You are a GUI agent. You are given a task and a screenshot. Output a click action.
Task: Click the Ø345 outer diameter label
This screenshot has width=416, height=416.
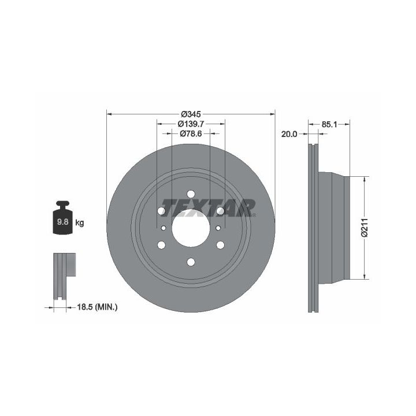click(x=191, y=114)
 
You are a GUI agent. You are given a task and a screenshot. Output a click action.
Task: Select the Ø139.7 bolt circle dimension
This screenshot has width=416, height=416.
click(x=191, y=124)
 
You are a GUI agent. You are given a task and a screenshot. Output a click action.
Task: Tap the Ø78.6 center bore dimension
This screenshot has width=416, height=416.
click(x=191, y=133)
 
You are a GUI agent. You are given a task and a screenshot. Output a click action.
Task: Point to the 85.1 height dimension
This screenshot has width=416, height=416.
click(x=329, y=124)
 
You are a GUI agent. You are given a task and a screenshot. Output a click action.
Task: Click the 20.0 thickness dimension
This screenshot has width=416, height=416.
click(x=289, y=134)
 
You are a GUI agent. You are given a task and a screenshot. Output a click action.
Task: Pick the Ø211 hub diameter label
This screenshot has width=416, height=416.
click(x=365, y=228)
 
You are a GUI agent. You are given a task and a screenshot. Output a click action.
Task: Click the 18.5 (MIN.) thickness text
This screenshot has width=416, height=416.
click(x=97, y=307)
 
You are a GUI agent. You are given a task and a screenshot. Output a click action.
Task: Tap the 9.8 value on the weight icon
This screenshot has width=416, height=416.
click(x=62, y=221)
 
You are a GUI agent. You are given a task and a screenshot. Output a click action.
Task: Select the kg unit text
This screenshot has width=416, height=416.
click(x=80, y=222)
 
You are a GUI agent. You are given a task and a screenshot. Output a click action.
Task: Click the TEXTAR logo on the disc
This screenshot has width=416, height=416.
click(x=209, y=208)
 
